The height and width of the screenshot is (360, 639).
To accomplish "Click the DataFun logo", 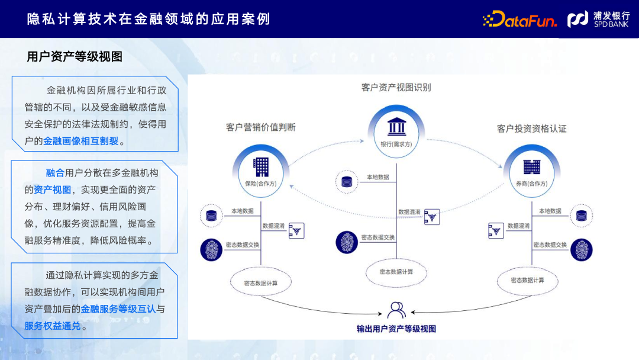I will [x=520, y=20].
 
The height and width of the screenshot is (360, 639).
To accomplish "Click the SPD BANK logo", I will [x=598, y=20].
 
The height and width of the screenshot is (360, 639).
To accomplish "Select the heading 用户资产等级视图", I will [x=75, y=57].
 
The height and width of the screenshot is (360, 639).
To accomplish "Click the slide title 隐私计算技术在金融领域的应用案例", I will [x=149, y=19].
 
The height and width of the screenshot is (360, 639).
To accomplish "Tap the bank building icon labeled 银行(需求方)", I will [x=396, y=128].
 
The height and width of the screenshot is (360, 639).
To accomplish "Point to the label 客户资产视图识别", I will [x=396, y=88].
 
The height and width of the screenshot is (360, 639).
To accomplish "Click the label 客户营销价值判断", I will [x=261, y=128].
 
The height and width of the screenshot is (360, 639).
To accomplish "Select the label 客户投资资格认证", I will [x=531, y=128].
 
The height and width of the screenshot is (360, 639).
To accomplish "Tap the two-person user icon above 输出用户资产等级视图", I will [x=396, y=310].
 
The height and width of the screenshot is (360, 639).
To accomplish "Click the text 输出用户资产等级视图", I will [x=396, y=329].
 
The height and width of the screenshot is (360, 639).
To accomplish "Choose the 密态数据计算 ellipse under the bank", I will [x=396, y=271].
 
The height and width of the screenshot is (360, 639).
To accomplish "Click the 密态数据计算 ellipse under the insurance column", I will [x=261, y=282].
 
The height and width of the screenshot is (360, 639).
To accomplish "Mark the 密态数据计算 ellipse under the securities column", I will [x=527, y=280].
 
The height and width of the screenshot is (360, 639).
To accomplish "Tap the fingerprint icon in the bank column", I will [x=347, y=242].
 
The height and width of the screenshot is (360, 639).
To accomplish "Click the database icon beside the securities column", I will [x=581, y=216].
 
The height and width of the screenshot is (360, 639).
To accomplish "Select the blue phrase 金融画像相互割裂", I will [x=80, y=142].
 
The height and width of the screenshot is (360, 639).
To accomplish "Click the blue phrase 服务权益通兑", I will [x=52, y=326].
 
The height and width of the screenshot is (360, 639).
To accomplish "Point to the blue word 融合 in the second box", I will [x=55, y=173].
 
